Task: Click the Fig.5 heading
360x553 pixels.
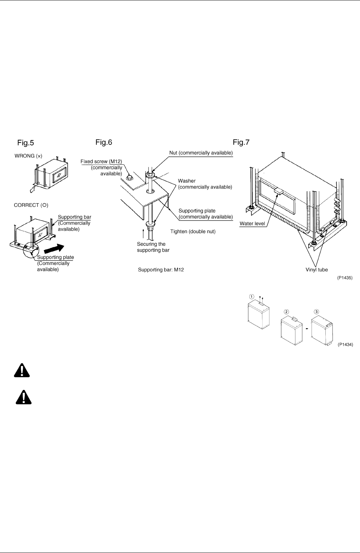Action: coord(25,143)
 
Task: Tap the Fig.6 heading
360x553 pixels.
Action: coord(104,142)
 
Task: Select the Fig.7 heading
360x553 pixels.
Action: coord(241,142)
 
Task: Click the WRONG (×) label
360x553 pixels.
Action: coord(28,156)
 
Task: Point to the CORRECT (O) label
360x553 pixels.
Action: coord(31,205)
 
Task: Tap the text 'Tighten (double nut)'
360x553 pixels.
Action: coord(193,232)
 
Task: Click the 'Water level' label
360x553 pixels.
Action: coord(252,224)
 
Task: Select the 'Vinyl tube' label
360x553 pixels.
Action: coord(317,270)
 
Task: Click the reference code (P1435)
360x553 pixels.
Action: coord(345,278)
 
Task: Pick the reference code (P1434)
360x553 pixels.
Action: coord(345,344)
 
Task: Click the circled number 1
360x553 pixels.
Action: coord(251,296)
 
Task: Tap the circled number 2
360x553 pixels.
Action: coord(286,312)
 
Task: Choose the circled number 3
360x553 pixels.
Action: coord(316,312)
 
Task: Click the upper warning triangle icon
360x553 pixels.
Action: coord(22,371)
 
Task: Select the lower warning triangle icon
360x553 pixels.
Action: coord(23,397)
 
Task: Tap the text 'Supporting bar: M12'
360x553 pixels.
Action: coord(161,270)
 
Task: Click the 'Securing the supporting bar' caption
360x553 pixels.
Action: coord(153,247)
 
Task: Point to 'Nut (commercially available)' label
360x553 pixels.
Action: coord(201,153)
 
